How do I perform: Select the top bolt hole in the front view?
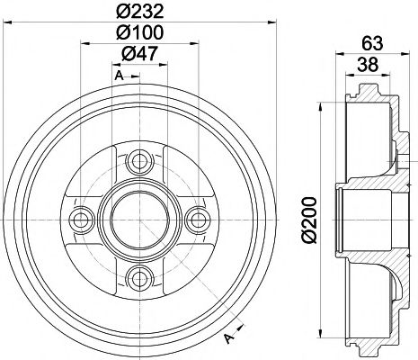click(138, 163)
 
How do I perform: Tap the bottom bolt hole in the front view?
click(138, 274)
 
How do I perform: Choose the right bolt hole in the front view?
click(194, 219)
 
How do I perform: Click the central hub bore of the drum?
click(138, 219)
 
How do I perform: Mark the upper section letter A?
click(117, 77)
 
